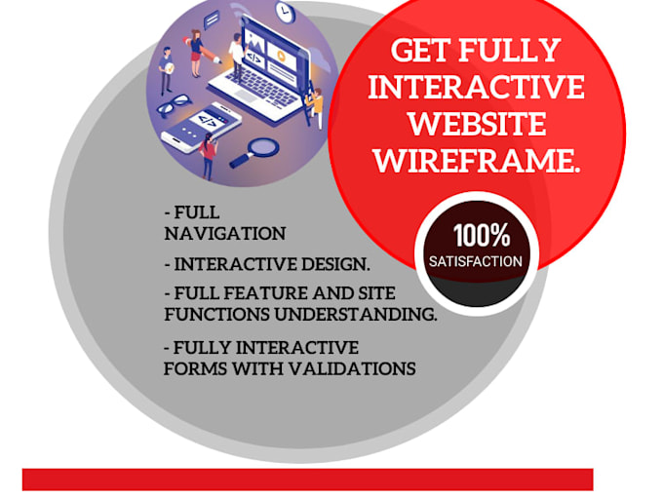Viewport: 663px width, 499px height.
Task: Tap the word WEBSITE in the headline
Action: click(477, 123)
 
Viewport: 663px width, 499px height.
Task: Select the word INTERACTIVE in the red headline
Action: click(477, 87)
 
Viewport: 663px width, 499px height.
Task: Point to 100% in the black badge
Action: click(480, 235)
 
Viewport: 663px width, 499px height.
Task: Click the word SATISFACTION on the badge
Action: click(476, 261)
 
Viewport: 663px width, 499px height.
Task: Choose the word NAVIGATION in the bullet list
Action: click(225, 234)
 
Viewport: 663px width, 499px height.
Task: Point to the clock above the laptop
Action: click(285, 13)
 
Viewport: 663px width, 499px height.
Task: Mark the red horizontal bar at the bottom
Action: click(307, 480)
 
